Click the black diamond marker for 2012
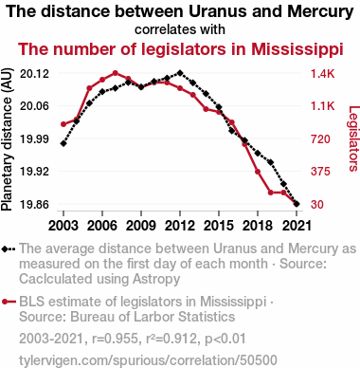[180, 73]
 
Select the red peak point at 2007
[116, 73]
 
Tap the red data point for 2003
[63, 124]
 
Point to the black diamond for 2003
[63, 143]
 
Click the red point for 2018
[258, 172]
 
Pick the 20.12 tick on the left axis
[34, 74]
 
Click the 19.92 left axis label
[34, 172]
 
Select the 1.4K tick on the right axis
[322, 74]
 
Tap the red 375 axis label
[320, 172]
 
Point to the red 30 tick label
[317, 204]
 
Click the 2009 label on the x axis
[141, 226]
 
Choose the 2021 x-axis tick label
[297, 226]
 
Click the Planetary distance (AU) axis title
[7, 139]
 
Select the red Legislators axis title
[353, 138]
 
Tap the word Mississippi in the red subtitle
[297, 49]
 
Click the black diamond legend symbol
[9, 248]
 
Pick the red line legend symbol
[9, 302]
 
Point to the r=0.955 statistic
[115, 339]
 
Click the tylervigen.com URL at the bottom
[148, 360]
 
